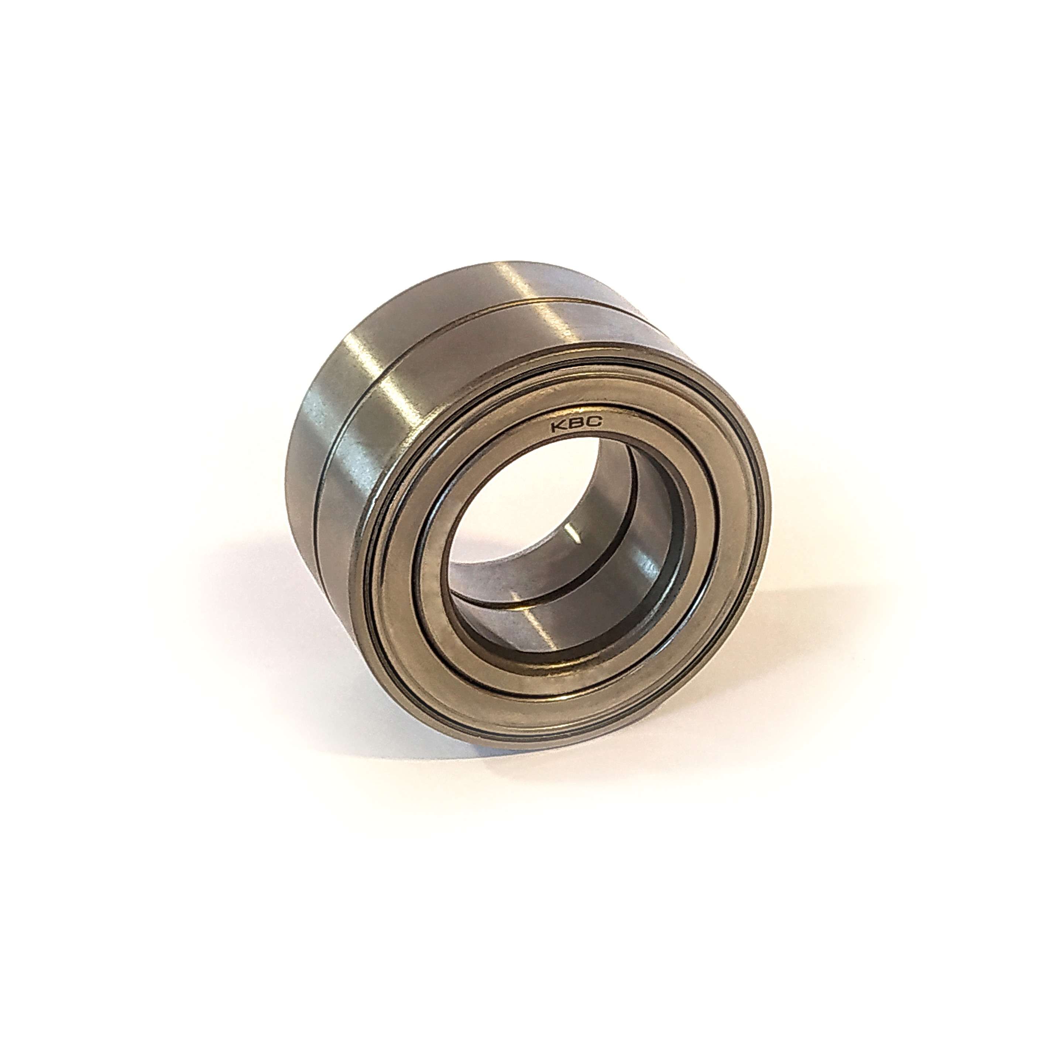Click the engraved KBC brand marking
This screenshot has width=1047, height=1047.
pyautogui.click(x=576, y=425)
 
